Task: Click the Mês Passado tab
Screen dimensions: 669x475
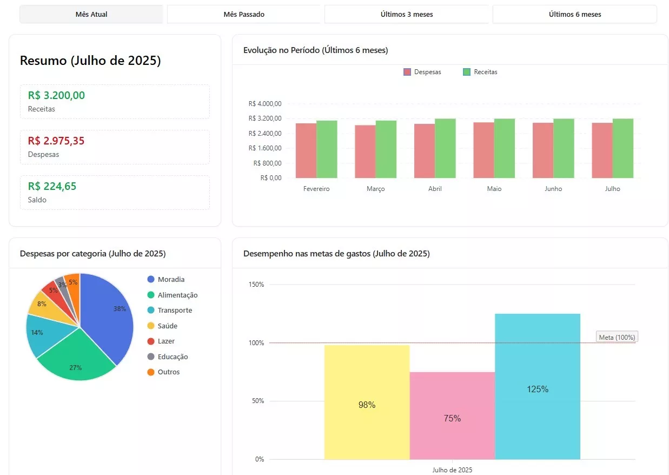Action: tap(244, 14)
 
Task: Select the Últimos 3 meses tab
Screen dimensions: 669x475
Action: tap(407, 14)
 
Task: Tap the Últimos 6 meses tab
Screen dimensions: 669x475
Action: tap(574, 14)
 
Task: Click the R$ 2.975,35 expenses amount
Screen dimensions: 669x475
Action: tap(56, 141)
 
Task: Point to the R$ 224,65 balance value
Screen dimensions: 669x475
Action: tap(52, 186)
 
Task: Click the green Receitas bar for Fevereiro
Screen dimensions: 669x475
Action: tap(327, 149)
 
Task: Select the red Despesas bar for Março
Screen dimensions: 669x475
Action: tap(365, 151)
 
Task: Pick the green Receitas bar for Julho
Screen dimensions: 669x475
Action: tap(623, 148)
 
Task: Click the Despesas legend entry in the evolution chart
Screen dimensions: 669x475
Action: tap(422, 72)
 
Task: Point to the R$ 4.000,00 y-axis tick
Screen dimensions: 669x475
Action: tap(265, 104)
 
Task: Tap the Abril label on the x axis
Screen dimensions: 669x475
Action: tap(435, 189)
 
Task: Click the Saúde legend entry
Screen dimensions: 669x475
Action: tap(162, 326)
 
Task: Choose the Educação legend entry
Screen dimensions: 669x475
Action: tap(168, 357)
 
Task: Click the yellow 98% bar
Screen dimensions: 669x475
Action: tap(367, 402)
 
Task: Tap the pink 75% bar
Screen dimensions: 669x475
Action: tap(452, 415)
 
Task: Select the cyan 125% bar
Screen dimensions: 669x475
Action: tap(538, 386)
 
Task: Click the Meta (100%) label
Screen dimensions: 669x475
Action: tap(617, 337)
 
